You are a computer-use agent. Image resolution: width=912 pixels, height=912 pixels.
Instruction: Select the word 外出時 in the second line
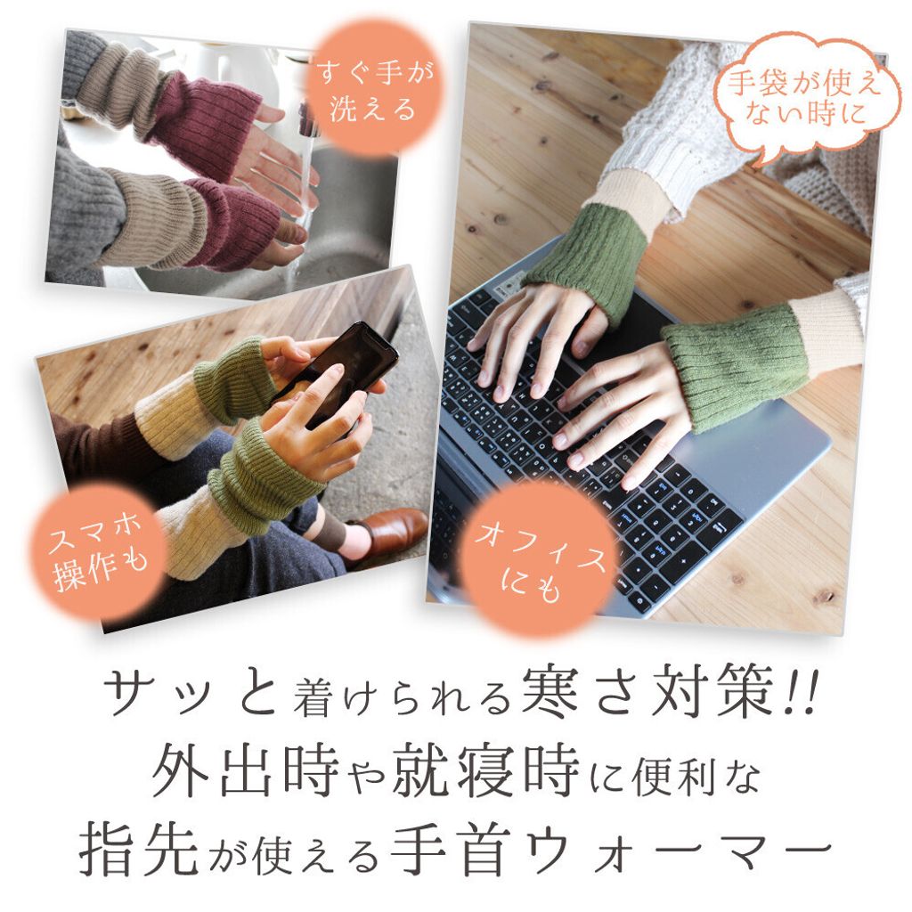pos(245,770)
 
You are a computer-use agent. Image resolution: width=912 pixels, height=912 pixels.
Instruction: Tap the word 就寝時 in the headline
pos(485,770)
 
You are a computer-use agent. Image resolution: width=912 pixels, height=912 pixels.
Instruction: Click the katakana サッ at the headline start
pos(154,691)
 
